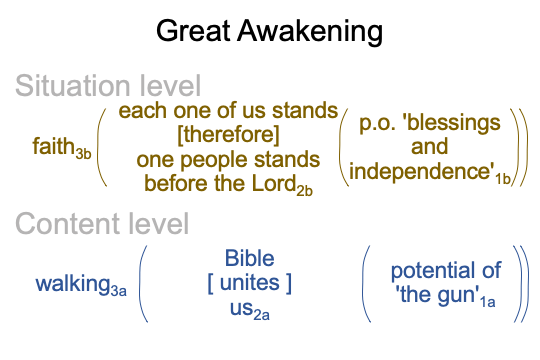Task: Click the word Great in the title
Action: click(193, 31)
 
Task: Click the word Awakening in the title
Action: click(310, 32)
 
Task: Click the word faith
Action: click(54, 146)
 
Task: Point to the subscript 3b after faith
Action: click(83, 154)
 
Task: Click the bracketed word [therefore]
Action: click(228, 134)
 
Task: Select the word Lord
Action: click(274, 183)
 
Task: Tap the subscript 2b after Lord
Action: click(305, 191)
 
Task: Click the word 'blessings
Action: click(454, 123)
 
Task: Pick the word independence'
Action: click(422, 171)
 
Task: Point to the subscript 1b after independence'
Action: click(503, 179)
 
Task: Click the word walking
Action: click(73, 285)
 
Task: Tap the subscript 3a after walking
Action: click(118, 291)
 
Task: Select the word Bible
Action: click(250, 258)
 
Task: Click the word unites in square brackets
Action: click(250, 283)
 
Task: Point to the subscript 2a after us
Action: click(262, 315)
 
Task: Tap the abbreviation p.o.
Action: click(377, 124)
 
